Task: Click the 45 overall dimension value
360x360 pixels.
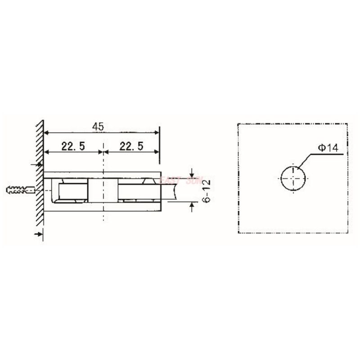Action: coord(98,127)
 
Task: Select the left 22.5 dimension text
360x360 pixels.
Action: coord(74,146)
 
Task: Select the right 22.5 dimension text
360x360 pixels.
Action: coord(131,146)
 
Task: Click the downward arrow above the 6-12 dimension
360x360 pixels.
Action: coord(192,171)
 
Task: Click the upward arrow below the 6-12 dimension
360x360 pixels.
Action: coord(192,207)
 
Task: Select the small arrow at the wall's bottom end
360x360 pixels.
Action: coord(38,234)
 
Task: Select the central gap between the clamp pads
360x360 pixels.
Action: coord(103,191)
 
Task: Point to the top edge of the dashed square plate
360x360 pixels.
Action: coord(292,123)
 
